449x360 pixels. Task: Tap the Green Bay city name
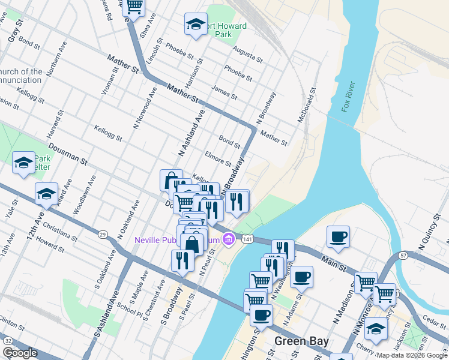coord(301,341)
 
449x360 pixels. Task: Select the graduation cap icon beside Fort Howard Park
coord(195,25)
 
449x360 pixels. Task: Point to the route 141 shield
coord(247,239)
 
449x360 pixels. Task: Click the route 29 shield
coord(102,234)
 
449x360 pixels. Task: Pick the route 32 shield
coord(8,340)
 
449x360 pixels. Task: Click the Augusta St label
coord(247,55)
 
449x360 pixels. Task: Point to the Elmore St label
coord(218,158)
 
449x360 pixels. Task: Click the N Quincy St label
coord(429,238)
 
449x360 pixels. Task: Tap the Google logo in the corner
coord(20,353)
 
